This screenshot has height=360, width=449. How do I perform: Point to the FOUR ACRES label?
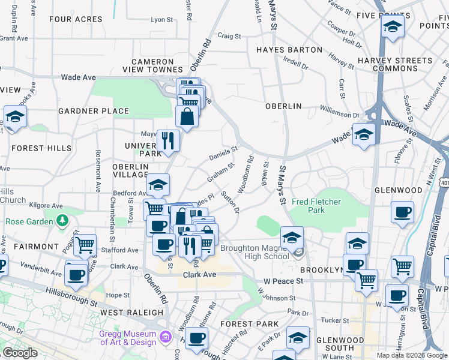[x=76, y=19]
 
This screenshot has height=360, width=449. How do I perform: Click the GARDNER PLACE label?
[x=94, y=111]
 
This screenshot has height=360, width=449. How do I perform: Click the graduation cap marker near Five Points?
[x=392, y=28]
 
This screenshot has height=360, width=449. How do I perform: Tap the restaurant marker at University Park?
[x=168, y=140]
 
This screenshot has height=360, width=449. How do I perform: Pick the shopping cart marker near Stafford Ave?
[x=85, y=244]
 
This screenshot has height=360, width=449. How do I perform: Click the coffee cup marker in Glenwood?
[x=402, y=211]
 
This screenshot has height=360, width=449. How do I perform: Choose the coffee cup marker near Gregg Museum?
[x=196, y=338]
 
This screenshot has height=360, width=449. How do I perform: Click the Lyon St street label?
[x=161, y=20]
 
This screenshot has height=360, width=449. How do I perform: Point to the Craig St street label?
[x=229, y=36]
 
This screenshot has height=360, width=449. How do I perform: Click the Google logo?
[x=20, y=353]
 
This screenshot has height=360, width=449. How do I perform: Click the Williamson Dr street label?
[x=339, y=110]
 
